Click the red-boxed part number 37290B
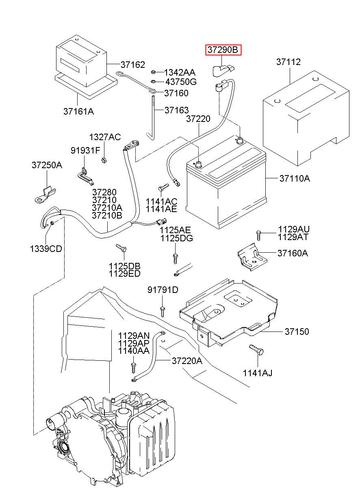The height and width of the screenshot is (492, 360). (223, 50)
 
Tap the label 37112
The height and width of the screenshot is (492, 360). (288, 62)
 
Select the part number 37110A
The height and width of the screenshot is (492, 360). (295, 178)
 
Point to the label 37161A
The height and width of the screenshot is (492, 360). (79, 111)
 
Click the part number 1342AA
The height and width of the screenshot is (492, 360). (180, 72)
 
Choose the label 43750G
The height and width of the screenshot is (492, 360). (181, 82)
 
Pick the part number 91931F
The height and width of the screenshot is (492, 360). (85, 150)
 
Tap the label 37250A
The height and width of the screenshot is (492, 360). (47, 165)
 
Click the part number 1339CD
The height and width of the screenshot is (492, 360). (46, 249)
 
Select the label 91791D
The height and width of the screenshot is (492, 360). (163, 290)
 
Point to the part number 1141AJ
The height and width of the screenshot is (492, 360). (258, 373)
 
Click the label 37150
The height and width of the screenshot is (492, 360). (297, 332)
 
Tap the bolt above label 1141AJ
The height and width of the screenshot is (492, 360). (256, 349)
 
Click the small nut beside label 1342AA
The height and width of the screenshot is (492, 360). (153, 72)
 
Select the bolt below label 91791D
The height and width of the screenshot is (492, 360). (162, 312)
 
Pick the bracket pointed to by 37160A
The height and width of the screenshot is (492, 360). (252, 257)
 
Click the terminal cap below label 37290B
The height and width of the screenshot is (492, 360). (222, 70)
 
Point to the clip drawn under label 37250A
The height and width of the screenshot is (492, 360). (45, 194)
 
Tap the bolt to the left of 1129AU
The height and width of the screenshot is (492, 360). (258, 236)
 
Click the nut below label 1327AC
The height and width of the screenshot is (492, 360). (104, 160)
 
